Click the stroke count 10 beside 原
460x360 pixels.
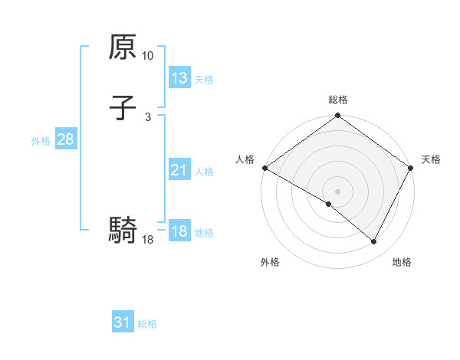click(148, 56)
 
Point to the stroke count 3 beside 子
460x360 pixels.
click(148, 116)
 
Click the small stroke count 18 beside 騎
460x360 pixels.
click(148, 240)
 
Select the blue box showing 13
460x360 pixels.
click(179, 78)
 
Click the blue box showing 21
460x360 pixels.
click(179, 170)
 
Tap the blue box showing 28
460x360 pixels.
click(65, 139)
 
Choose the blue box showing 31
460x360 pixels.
click(123, 322)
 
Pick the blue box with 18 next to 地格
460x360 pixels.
click(179, 231)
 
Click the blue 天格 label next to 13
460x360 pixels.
click(204, 79)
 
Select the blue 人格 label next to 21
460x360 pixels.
click(204, 171)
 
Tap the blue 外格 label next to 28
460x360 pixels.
click(41, 140)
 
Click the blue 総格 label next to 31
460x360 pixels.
click(147, 323)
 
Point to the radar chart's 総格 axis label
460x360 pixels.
click(338, 100)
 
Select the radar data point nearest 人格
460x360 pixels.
click(264, 168)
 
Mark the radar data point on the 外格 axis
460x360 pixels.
click(329, 205)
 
